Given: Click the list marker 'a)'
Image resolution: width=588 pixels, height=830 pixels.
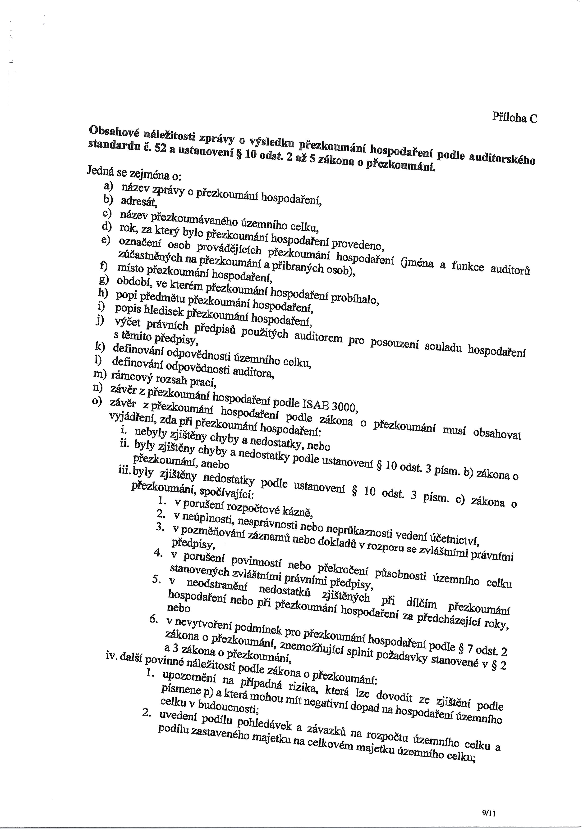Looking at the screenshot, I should click(108, 186).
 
